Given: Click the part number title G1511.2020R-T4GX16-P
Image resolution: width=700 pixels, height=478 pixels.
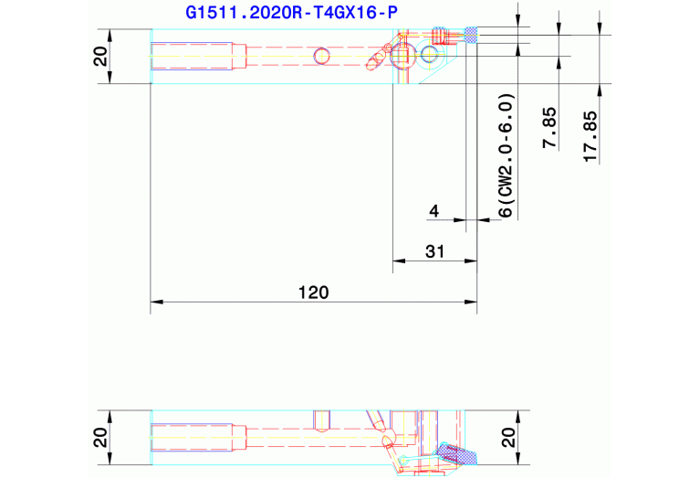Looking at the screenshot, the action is pos(291,13).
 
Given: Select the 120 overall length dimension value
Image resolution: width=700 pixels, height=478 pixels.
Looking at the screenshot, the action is pos(313,292).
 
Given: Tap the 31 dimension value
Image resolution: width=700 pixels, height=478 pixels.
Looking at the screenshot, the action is pos(434,251).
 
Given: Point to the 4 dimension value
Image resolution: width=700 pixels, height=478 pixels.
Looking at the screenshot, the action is pos(434,210).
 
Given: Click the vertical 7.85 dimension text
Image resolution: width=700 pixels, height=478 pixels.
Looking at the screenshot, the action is pos(549,127).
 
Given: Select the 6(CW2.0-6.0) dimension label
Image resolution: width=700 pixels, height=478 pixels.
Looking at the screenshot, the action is pos(507,155).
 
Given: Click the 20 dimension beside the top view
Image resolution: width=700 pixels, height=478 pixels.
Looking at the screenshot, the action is pos(101,57).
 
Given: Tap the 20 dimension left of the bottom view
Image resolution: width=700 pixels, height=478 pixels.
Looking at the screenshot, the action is pos(101,438).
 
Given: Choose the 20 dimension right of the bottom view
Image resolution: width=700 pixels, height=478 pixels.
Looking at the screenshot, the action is pos(508,438).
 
